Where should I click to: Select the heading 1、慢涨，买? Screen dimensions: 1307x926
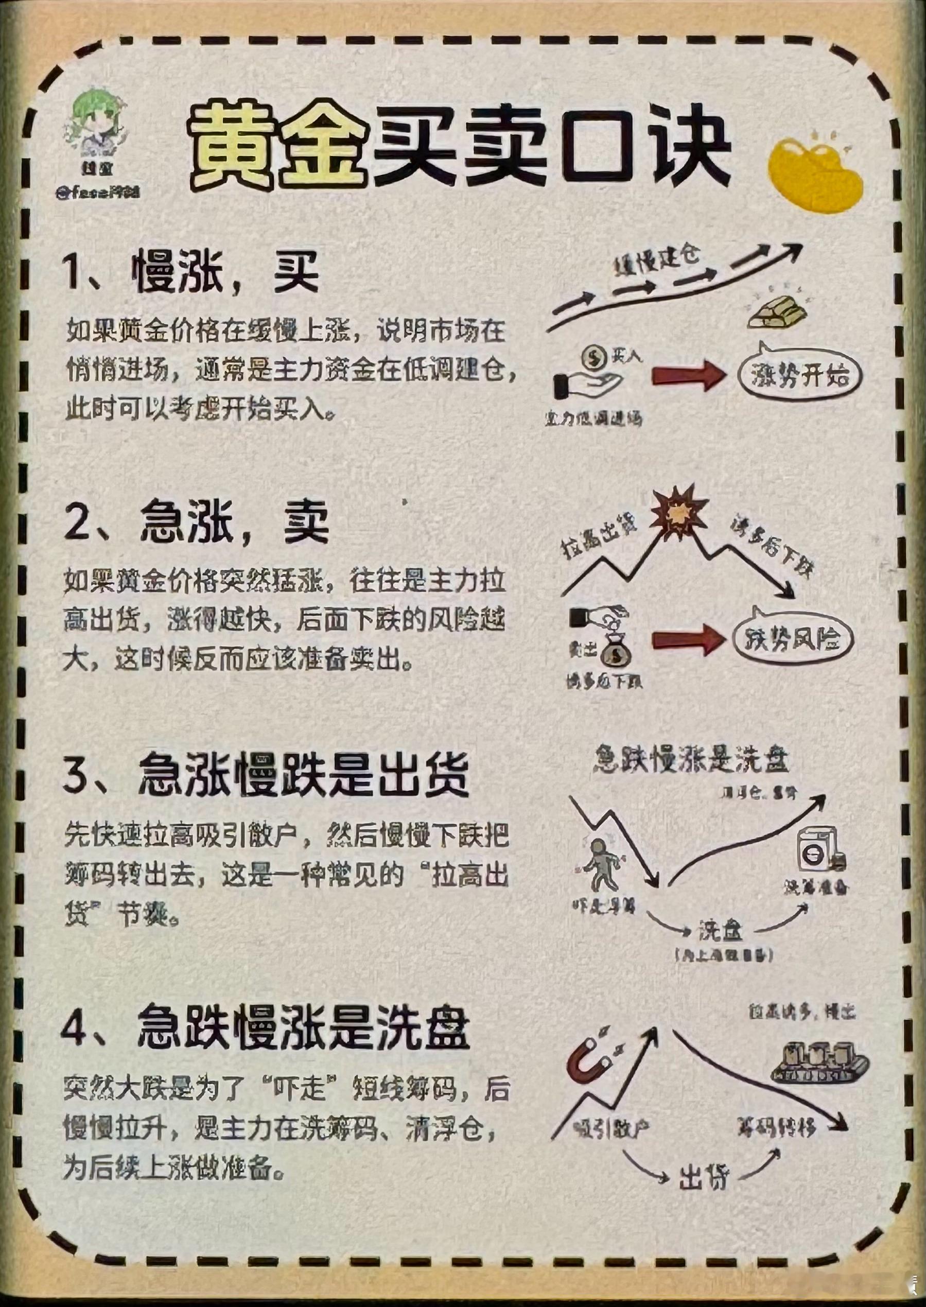coord(191,273)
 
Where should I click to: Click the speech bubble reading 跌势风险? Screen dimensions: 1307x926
coord(793,639)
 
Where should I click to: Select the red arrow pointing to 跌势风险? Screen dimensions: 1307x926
coord(687,639)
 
